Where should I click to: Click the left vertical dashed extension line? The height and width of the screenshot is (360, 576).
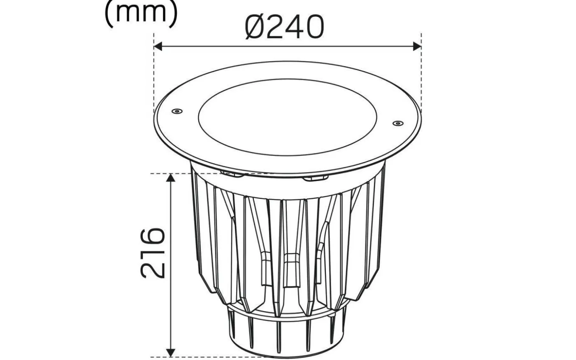(154, 78)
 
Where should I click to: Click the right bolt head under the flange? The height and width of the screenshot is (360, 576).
(315, 178)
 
